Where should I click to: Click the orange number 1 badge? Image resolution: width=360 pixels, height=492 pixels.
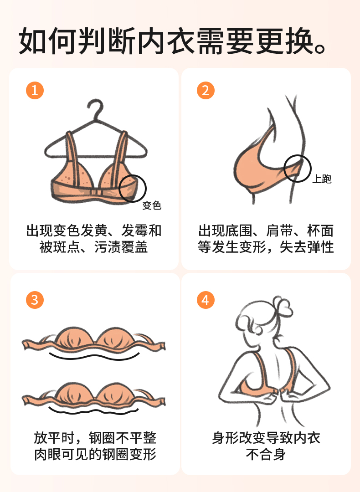coord(35,91)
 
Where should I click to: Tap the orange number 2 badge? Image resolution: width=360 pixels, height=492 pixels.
coord(206,91)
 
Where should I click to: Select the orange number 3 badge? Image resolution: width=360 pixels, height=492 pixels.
coord(35,300)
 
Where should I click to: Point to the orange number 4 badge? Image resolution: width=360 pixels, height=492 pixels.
coord(206,300)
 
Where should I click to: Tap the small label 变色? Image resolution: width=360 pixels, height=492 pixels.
coord(152,205)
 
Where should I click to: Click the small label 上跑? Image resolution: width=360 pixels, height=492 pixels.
coord(322,179)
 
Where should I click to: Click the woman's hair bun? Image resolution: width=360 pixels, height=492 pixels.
coord(282,306)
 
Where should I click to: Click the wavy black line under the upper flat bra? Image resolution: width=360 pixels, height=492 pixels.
coord(94,356)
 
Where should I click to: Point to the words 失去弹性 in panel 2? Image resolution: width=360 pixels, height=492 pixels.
coord(307,247)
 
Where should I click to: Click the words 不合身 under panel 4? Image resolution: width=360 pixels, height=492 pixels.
coord(266,454)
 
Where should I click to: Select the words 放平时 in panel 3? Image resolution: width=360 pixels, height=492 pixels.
coord(54,438)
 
